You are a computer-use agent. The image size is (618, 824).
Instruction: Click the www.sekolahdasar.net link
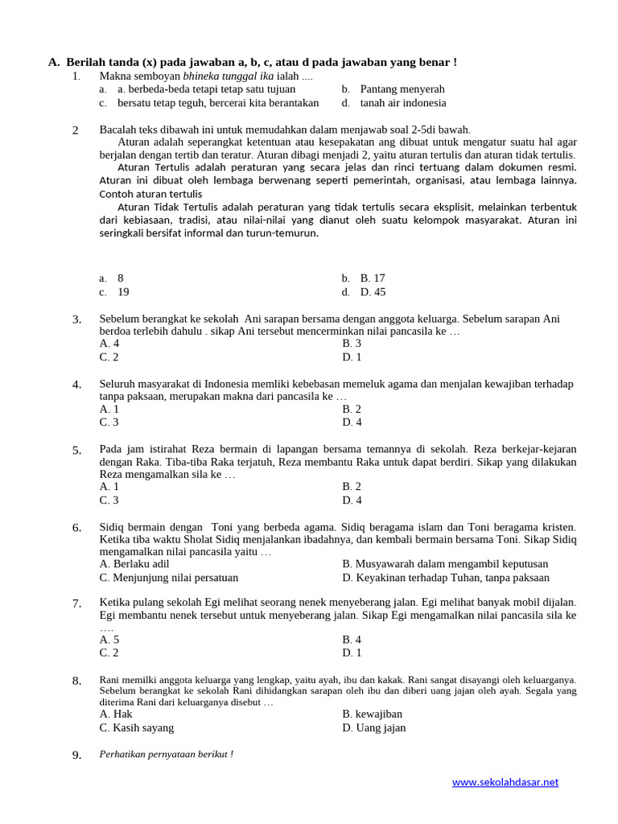pyautogui.click(x=505, y=782)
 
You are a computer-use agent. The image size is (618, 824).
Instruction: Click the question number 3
pyautogui.click(x=76, y=320)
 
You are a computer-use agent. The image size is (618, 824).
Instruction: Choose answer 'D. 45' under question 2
pyautogui.click(x=373, y=292)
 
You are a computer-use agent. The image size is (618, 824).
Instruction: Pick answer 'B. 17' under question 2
pyautogui.click(x=373, y=278)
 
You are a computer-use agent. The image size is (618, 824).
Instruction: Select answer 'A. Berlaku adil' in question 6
pyautogui.click(x=134, y=564)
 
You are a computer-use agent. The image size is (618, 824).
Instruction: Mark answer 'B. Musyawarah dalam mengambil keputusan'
pyautogui.click(x=445, y=564)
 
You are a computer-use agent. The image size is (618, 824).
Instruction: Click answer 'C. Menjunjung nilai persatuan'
pyautogui.click(x=169, y=578)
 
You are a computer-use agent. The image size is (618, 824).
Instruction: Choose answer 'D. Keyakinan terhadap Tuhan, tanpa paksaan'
pyautogui.click(x=446, y=578)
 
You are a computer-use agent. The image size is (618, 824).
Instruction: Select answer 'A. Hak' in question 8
pyautogui.click(x=116, y=714)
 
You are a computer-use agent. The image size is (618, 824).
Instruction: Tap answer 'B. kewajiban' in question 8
pyautogui.click(x=372, y=714)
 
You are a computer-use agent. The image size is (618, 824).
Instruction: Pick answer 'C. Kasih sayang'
pyautogui.click(x=137, y=727)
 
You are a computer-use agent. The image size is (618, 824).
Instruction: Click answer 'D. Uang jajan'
pyautogui.click(x=373, y=727)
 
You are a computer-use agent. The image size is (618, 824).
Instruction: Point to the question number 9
pyautogui.click(x=76, y=756)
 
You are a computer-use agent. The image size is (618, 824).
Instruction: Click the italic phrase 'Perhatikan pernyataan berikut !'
pyautogui.click(x=166, y=755)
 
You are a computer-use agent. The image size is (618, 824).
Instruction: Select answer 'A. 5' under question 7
pyautogui.click(x=109, y=640)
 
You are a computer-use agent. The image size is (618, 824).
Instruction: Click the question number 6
pyautogui.click(x=76, y=528)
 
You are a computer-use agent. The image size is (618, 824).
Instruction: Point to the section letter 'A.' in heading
pyautogui.click(x=54, y=62)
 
